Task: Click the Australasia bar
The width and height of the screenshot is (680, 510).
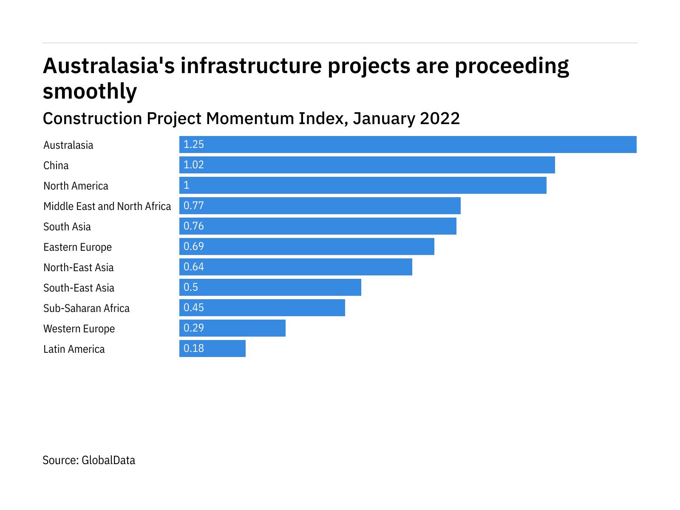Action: point(408,144)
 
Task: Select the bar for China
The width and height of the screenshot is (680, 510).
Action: point(367,165)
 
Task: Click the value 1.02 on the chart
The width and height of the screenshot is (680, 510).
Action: point(194,165)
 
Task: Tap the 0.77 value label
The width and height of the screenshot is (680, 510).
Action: point(194,206)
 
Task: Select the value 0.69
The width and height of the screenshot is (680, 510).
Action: point(194,246)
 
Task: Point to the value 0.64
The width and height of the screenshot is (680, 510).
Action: point(194,267)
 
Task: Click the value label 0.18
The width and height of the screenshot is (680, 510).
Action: point(194,348)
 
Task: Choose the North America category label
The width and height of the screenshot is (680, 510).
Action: point(76,186)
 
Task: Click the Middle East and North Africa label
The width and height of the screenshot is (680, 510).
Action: point(107,206)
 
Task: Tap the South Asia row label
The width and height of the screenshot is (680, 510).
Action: point(67,227)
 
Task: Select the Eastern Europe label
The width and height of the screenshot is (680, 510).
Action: point(77,247)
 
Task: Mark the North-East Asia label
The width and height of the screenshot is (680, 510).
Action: point(79,267)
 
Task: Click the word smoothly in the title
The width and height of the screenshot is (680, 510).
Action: point(90,91)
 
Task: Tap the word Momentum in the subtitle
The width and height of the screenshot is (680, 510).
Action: point(250,118)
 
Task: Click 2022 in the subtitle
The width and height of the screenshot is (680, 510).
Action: point(440,118)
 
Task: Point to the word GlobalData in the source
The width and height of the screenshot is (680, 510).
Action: point(108,460)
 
